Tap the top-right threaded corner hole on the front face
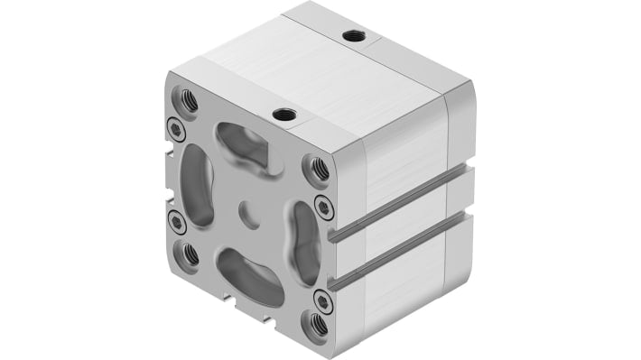[x=317, y=167]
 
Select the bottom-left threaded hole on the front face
[x=190, y=254]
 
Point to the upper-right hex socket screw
[x=323, y=208]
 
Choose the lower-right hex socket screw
[x=322, y=300]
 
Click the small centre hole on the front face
[x=246, y=213]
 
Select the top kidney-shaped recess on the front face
[x=242, y=146]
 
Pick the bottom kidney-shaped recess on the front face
[x=247, y=276]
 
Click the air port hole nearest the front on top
[x=285, y=114]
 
